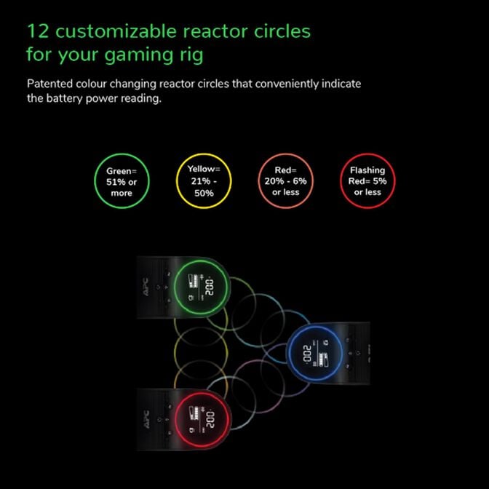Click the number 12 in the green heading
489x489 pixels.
[38, 31]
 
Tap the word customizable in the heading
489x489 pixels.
[116, 31]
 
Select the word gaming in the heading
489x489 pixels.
[138, 55]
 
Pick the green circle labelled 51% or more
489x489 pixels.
[122, 181]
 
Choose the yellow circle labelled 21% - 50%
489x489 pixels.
[204, 181]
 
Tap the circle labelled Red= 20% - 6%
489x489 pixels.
[286, 181]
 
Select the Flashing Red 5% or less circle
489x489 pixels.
[367, 181]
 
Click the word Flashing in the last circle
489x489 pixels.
[367, 170]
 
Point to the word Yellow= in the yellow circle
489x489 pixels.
[204, 169]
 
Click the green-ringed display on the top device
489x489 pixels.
[202, 287]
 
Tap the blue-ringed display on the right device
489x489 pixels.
[315, 353]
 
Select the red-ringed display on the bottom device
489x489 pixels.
[202, 418]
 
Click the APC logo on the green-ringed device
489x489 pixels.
[146, 285]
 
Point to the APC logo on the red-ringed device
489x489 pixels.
[146, 418]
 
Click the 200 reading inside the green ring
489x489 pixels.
[210, 287]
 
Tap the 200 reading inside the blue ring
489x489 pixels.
[307, 354]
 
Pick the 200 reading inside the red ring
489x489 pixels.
[210, 420]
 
